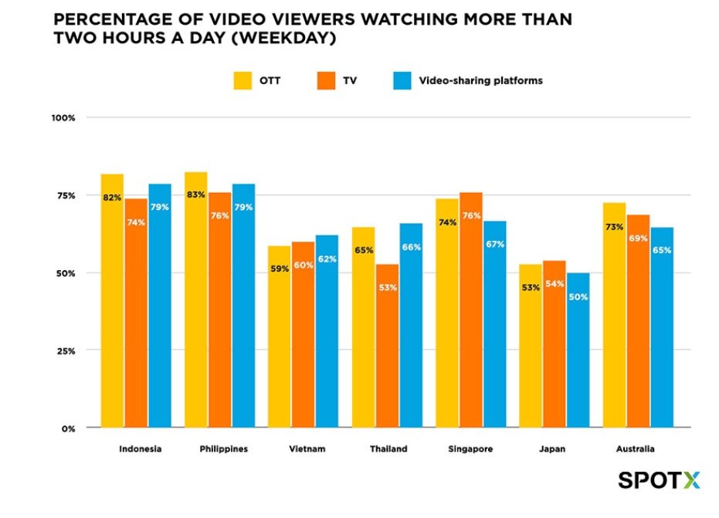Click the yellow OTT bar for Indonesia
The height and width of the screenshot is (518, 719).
[113, 309]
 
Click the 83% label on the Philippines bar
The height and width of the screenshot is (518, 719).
[195, 195]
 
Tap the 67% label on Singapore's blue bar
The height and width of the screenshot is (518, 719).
[495, 244]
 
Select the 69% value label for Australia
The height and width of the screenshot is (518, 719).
[638, 239]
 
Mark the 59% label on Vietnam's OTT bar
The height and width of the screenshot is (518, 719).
[279, 269]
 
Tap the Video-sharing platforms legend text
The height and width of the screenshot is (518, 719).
[480, 80]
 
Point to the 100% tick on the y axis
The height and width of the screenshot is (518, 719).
[63, 118]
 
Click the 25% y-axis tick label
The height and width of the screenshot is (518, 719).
[65, 350]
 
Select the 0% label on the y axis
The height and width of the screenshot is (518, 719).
[68, 428]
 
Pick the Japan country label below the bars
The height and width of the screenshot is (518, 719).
[555, 449]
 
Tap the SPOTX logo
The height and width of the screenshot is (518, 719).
[659, 480]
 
